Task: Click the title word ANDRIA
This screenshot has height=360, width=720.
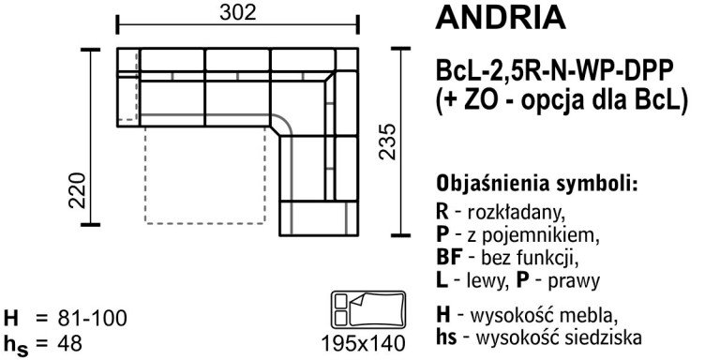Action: (501, 19)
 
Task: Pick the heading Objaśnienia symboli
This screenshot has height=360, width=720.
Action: (536, 182)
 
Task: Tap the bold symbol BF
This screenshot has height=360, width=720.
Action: (448, 256)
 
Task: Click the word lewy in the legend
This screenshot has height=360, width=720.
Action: (497, 279)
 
